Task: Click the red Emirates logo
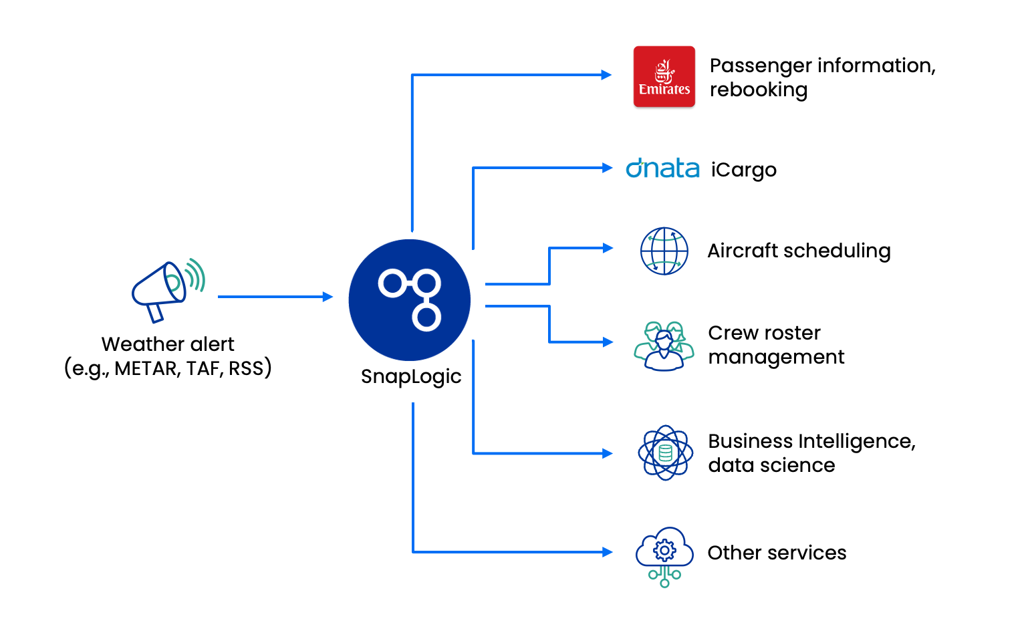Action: pos(664,76)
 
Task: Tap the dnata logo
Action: pos(662,168)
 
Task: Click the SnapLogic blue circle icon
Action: pos(409,299)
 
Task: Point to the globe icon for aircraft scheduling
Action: pos(664,251)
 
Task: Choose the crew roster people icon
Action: pos(664,346)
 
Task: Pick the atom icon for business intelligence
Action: pos(666,453)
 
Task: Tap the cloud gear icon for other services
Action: pos(664,557)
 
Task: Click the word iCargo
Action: pos(744,170)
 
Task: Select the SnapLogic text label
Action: pos(411,377)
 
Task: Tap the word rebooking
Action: pos(759,90)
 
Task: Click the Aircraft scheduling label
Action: pos(799,251)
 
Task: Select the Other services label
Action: pos(777,553)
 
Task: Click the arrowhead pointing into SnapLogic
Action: pos(328,297)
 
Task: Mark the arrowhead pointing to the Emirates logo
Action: pos(606,75)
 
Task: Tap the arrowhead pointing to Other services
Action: pos(608,551)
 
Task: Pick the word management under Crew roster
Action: pos(776,357)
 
